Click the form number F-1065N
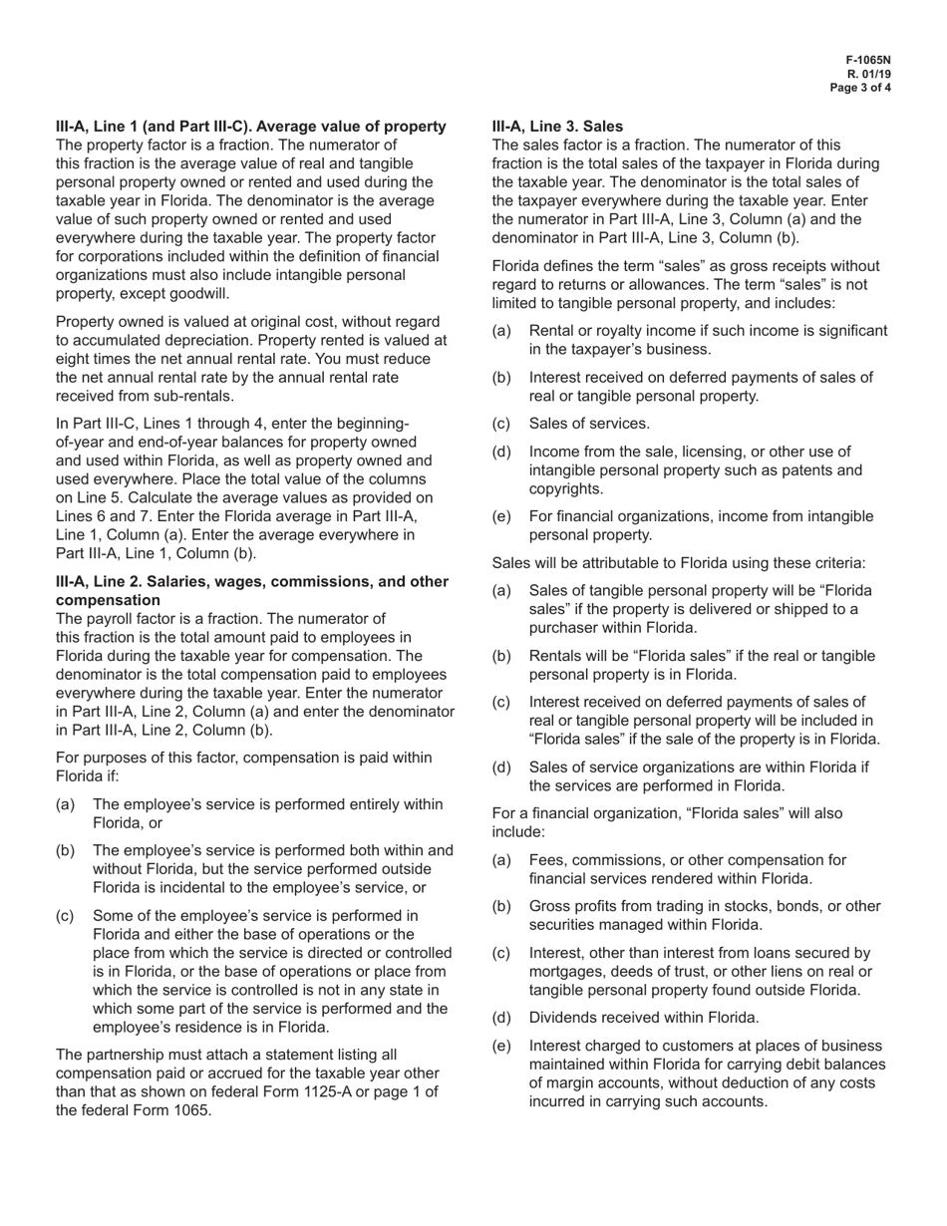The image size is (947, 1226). (x=868, y=60)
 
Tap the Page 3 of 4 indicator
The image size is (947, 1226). (x=861, y=88)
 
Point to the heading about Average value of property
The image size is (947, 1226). (x=250, y=127)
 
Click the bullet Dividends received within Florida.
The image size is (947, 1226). (x=644, y=1018)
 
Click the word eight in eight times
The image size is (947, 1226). (x=75, y=358)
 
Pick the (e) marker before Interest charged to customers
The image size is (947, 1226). (x=502, y=1046)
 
